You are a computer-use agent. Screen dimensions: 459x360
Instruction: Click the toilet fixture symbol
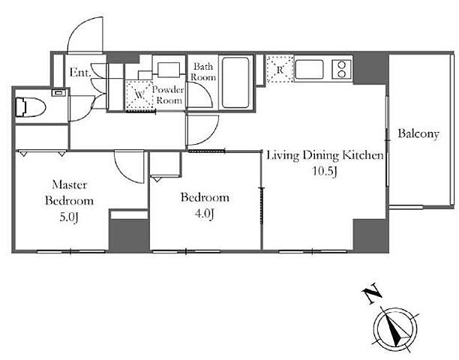click(x=31, y=107)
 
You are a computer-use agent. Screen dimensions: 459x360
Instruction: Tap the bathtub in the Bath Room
click(x=235, y=82)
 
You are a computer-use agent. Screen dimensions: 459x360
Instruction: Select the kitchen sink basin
click(x=309, y=69)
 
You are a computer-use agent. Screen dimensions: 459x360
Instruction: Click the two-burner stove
click(x=341, y=69)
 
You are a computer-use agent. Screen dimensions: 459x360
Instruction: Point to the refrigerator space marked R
click(x=280, y=69)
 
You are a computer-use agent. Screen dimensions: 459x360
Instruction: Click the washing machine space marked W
click(x=139, y=95)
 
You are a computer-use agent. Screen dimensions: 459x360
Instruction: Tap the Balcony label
click(x=418, y=134)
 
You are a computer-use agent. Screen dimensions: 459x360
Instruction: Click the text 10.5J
click(x=325, y=171)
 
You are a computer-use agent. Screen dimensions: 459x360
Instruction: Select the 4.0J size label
click(x=204, y=214)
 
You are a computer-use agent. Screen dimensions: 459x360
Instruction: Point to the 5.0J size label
click(x=70, y=217)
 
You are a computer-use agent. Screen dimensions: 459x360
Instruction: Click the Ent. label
click(x=80, y=72)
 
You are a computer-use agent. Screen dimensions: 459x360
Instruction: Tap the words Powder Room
click(x=168, y=94)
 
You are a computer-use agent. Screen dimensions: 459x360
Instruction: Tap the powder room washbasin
click(x=169, y=70)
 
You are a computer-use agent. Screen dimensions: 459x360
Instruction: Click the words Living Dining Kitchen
click(x=325, y=155)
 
